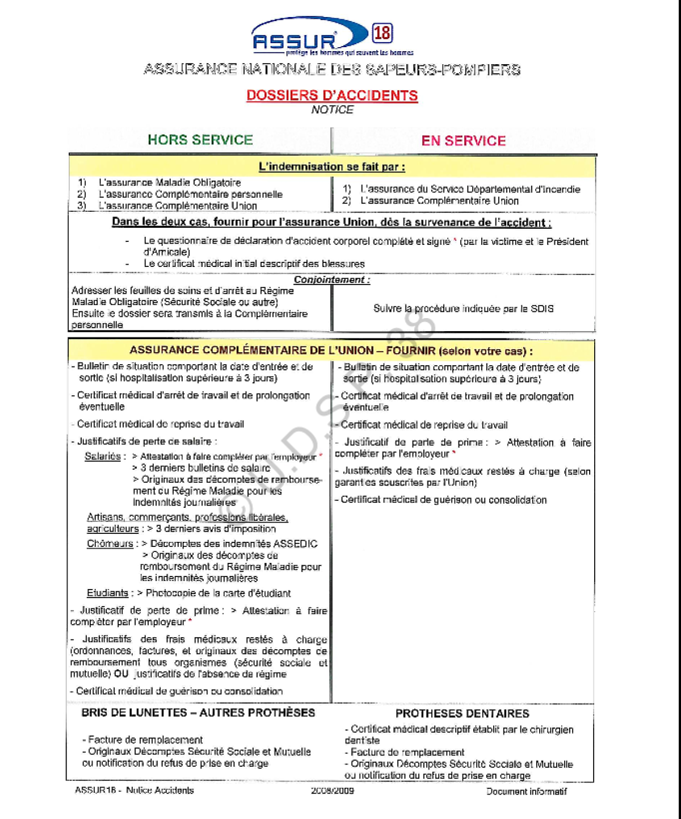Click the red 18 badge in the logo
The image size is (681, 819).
point(382,33)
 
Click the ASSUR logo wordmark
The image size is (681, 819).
point(295,41)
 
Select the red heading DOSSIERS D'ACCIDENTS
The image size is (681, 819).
point(332,95)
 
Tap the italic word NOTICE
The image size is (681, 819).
point(332,110)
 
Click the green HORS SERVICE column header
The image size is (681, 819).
point(200,140)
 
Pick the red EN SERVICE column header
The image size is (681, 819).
point(463,141)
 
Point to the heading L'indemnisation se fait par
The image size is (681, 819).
point(332,167)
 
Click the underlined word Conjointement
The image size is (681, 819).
point(332,279)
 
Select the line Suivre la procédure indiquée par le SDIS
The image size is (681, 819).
point(463,308)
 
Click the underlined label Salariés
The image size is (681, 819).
point(103,456)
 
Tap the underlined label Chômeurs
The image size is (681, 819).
point(110,544)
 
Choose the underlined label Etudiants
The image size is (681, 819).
point(107,593)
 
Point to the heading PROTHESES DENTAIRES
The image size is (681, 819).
point(462,713)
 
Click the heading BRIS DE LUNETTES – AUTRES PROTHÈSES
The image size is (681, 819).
point(198,713)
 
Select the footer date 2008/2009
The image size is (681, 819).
point(332,791)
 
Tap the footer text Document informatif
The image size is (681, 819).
point(526,791)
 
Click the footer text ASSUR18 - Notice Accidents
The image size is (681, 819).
point(134,790)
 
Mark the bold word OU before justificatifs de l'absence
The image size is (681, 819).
point(121,674)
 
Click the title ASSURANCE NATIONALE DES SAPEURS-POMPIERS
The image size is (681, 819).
point(332,70)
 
